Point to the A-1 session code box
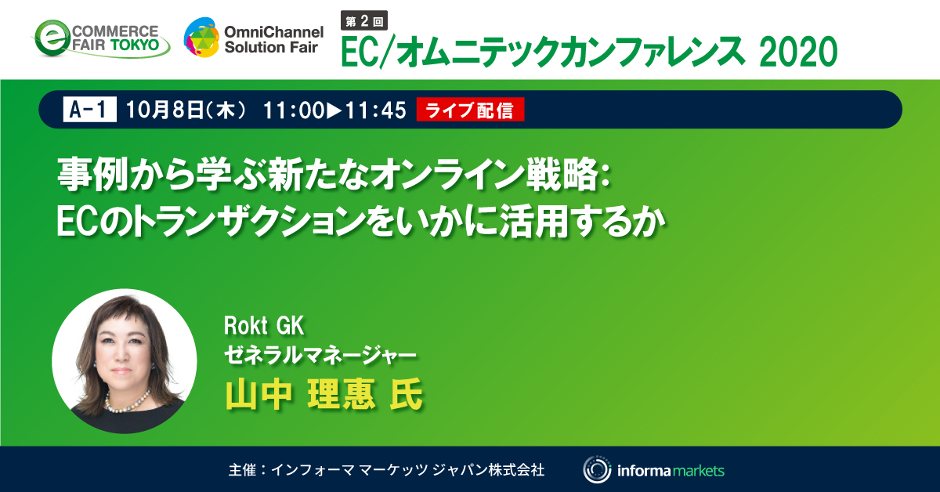(89, 111)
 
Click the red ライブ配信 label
(471, 111)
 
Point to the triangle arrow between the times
(333, 111)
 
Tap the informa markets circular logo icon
(597, 470)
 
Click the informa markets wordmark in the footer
(670, 470)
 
